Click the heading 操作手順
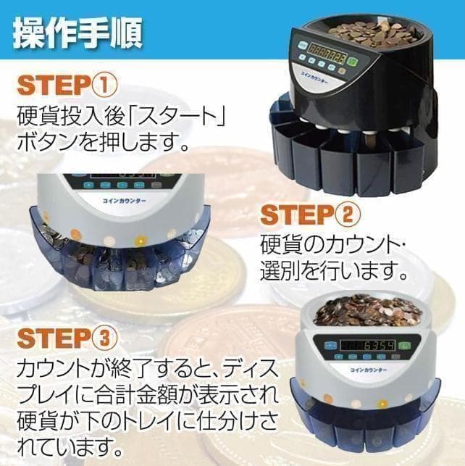[x=77, y=30]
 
